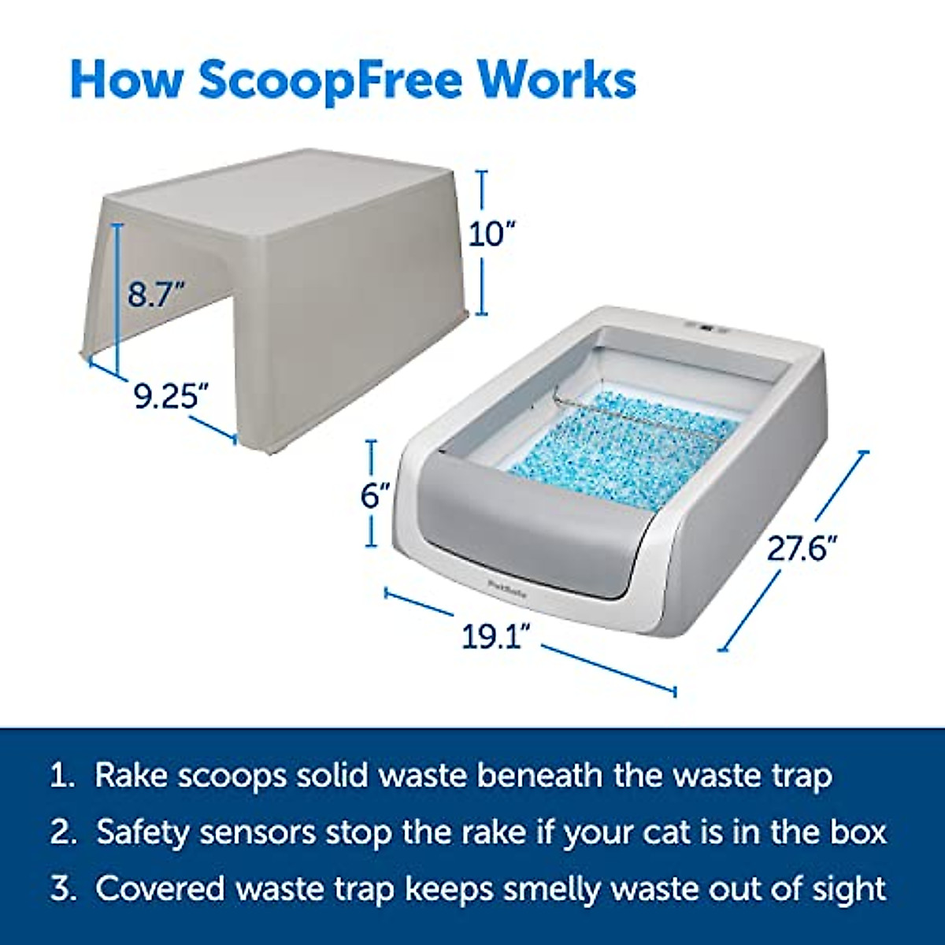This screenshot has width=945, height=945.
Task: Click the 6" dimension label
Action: [376, 496]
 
